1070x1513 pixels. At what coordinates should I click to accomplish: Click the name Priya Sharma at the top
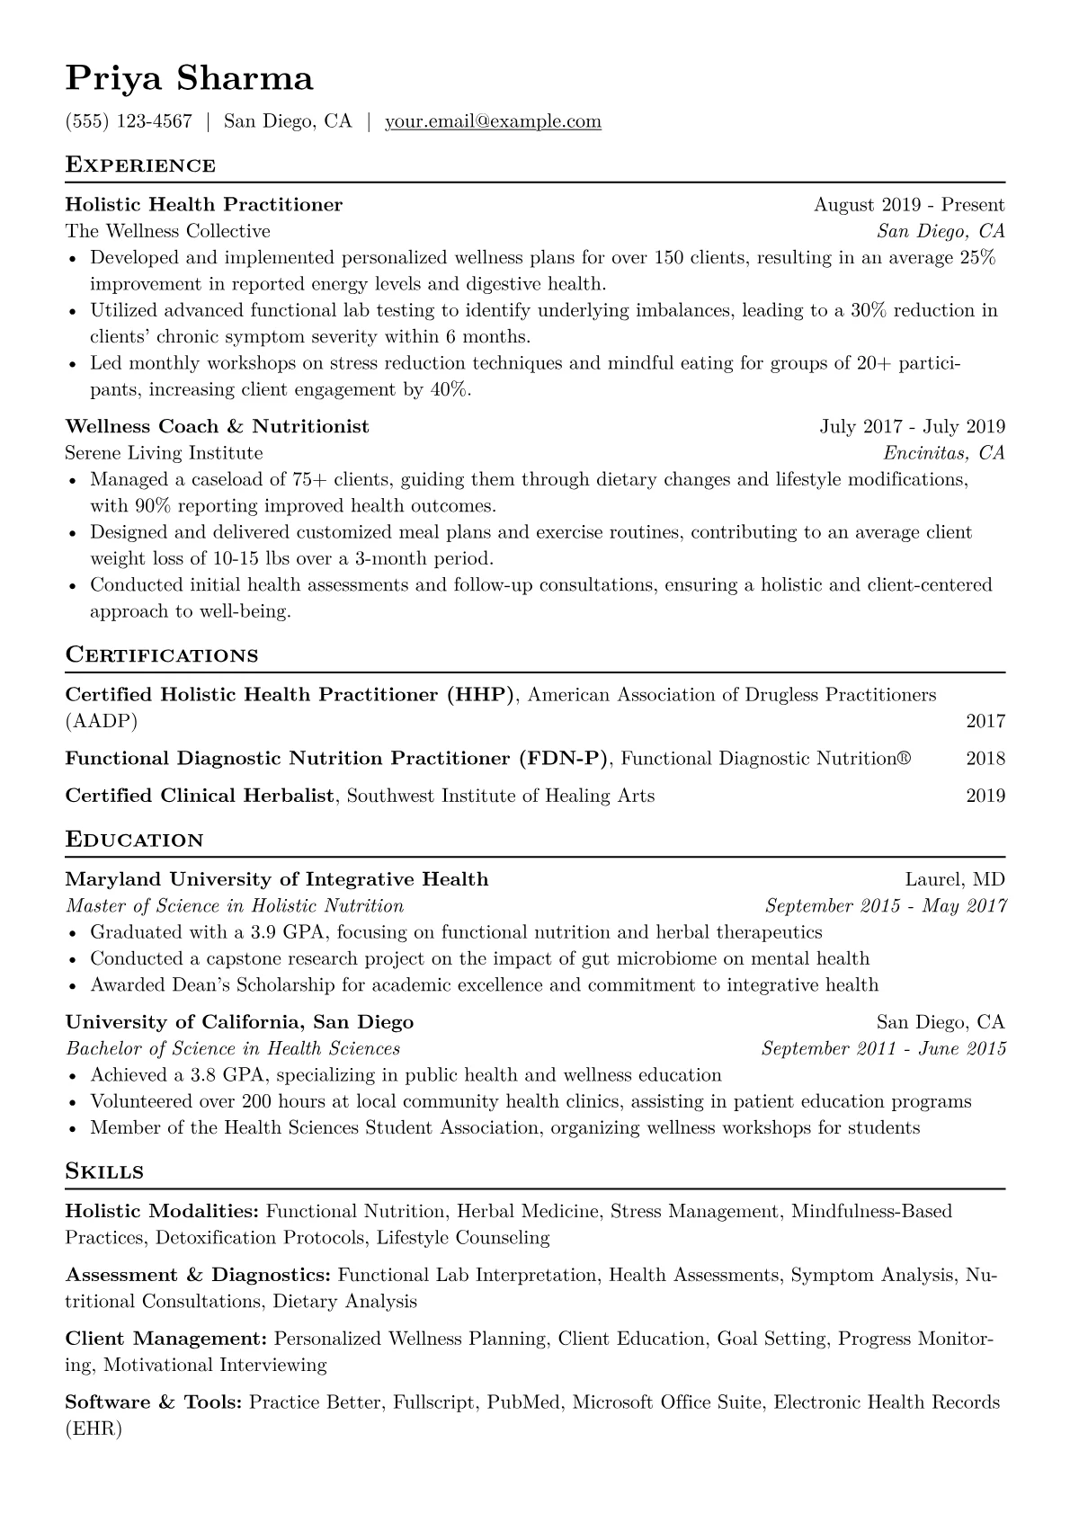(x=190, y=79)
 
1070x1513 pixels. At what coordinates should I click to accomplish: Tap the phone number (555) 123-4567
(x=129, y=121)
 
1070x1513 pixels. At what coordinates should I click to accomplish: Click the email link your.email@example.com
(x=493, y=121)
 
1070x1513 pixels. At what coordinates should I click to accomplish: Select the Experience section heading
(x=140, y=165)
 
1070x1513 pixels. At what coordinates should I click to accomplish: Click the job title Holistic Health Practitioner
(x=204, y=205)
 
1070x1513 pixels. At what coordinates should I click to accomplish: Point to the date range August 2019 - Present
(x=909, y=205)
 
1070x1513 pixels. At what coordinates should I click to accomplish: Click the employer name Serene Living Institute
(x=165, y=453)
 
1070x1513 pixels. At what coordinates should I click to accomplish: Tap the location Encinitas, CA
(x=944, y=453)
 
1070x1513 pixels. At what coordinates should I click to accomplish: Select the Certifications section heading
(x=162, y=655)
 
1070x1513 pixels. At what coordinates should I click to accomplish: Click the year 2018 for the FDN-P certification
(x=985, y=759)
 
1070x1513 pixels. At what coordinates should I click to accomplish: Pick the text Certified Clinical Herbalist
(x=200, y=796)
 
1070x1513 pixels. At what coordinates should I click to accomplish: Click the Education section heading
(x=135, y=841)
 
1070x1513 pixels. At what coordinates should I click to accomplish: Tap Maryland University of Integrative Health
(x=277, y=879)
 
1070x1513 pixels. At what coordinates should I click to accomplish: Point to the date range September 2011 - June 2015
(x=884, y=1049)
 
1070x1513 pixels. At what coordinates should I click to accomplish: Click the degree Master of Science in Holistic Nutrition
(x=235, y=906)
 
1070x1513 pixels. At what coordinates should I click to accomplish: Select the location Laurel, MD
(x=955, y=879)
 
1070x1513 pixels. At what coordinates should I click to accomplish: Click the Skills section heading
(x=104, y=1171)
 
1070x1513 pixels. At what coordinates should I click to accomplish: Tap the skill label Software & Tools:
(x=154, y=1402)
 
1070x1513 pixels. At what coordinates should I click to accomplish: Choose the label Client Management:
(x=166, y=1339)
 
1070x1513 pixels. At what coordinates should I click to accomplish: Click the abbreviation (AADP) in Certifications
(x=102, y=721)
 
